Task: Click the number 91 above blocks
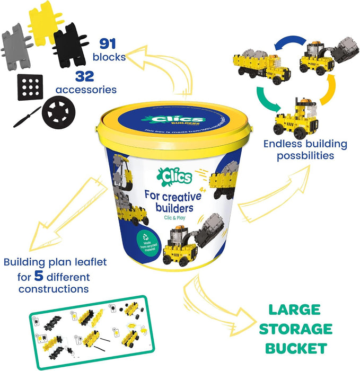click(108, 43)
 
